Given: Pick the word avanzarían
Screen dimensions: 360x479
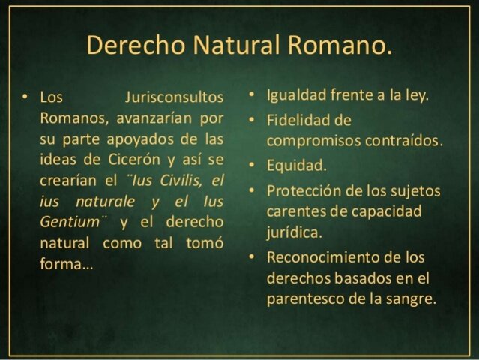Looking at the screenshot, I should (x=140, y=119).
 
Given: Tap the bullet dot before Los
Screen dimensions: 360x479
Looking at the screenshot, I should (x=25, y=99).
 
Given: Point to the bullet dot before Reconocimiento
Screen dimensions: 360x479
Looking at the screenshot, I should (x=252, y=257).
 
